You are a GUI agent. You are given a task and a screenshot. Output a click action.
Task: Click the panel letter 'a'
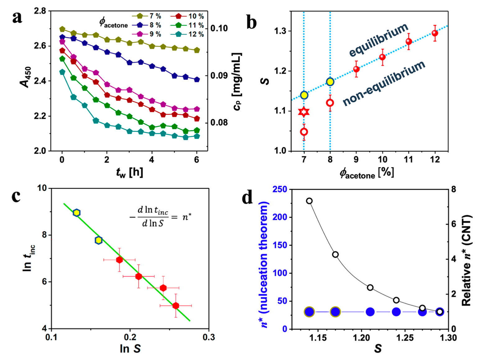tap(17, 17)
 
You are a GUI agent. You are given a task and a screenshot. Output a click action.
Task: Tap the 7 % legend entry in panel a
tap(146, 16)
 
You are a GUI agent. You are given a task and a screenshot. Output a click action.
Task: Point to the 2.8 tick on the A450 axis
tap(39, 11)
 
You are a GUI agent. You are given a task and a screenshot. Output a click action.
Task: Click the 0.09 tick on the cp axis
tap(219, 76)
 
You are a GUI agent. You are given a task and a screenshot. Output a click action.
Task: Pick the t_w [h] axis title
tap(129, 172)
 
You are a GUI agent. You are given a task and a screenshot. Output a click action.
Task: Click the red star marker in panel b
tap(304, 112)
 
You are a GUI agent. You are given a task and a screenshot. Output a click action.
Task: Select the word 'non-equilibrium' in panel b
tap(384, 83)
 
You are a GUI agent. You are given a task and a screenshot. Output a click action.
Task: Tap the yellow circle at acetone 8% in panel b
tap(330, 82)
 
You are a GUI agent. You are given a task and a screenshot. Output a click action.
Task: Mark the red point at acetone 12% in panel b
tap(435, 33)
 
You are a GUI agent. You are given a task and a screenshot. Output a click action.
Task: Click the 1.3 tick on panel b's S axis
tap(280, 31)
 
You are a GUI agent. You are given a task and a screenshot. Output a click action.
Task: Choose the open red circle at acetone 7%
tap(304, 132)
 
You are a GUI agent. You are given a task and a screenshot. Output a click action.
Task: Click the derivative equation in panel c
tap(160, 216)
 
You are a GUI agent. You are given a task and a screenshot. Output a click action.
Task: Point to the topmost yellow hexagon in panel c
tap(77, 213)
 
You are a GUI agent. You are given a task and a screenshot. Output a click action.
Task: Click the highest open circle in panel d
tap(309, 201)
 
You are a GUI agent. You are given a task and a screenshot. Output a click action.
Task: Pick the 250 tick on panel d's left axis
tap(280, 189)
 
